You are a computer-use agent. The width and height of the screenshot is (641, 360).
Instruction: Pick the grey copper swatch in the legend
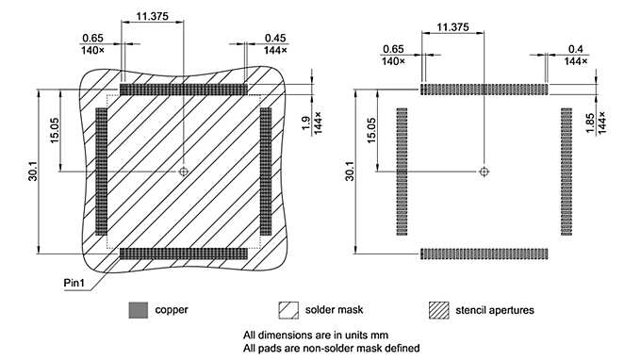pos(139,309)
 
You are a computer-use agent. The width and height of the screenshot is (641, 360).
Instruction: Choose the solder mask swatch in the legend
pos(288,309)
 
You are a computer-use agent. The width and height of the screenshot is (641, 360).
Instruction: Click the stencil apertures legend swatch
pos(438,309)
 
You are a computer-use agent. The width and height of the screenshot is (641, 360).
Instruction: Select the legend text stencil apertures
pos(495,309)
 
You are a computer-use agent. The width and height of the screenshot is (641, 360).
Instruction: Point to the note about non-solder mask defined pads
pos(331,347)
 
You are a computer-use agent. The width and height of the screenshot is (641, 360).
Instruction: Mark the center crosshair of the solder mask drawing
pos(184,172)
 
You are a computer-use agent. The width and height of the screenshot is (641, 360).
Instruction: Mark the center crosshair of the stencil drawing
pos(484,172)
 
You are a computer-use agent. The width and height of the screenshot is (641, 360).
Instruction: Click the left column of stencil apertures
pos(402,172)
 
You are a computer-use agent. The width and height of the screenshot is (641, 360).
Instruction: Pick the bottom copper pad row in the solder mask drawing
pos(184,253)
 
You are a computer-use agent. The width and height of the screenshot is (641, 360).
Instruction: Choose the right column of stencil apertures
pos(566,172)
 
